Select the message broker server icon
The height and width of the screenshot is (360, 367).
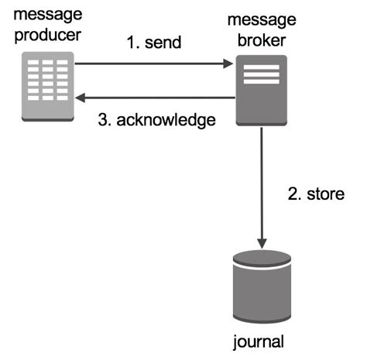(262, 90)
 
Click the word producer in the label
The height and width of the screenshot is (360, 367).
(47, 36)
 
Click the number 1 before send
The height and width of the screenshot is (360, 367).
(131, 43)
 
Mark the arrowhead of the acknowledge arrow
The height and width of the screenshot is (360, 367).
(81, 98)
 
